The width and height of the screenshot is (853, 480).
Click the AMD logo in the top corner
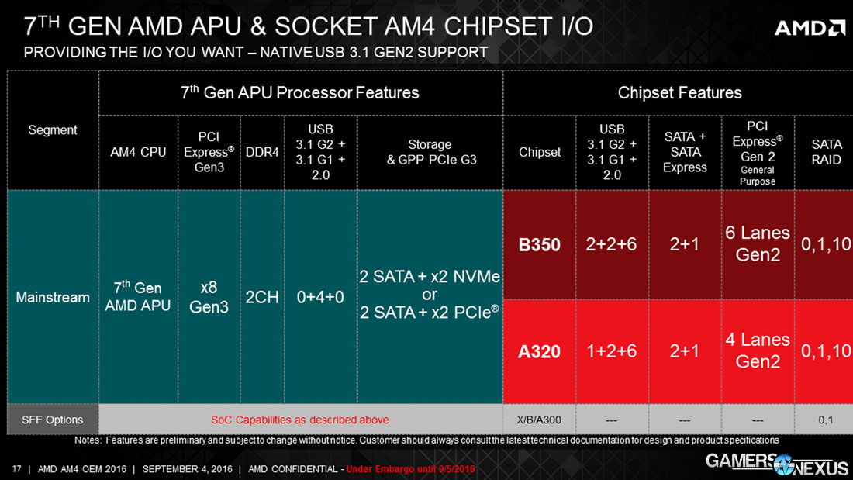pos(810,28)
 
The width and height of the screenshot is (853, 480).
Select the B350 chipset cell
pos(539,244)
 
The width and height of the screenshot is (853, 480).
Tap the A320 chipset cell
pos(539,351)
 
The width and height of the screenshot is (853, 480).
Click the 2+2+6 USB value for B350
pos(612,244)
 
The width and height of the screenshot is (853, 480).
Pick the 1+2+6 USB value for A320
pos(612,351)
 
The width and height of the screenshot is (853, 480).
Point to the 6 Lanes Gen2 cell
pos(758,243)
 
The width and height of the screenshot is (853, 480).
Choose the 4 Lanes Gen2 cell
pos(758,351)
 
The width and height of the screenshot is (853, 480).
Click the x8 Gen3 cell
pos(209,297)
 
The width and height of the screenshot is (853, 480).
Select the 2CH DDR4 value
pos(262,297)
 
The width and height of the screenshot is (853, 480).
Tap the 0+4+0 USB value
pos(320,297)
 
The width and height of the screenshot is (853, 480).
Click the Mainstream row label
pos(53,297)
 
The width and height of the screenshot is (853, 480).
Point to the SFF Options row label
pos(53,420)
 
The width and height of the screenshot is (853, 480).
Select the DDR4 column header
pos(262,152)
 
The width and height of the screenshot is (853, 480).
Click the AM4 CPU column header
pos(138,152)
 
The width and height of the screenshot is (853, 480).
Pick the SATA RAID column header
pos(826,152)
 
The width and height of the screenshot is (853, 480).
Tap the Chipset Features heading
pos(679,93)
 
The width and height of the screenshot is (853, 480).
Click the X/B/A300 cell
pos(539,420)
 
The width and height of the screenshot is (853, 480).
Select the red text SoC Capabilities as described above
pos(300,420)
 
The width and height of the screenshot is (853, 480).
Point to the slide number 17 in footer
pos(16,469)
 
